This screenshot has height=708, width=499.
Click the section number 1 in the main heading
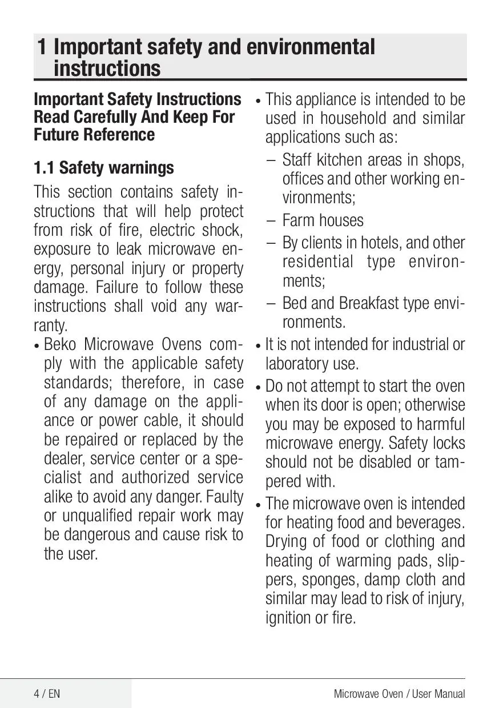tap(42, 47)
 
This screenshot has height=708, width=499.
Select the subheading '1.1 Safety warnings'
tap(104, 168)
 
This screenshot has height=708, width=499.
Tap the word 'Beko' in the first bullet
tap(62, 345)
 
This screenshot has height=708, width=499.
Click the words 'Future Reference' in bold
tap(94, 135)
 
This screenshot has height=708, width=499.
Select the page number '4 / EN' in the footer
tap(46, 694)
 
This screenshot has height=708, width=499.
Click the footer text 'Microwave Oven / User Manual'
tap(399, 694)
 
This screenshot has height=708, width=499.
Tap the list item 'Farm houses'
tap(323, 220)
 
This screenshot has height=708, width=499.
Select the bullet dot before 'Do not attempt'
tap(258, 388)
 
